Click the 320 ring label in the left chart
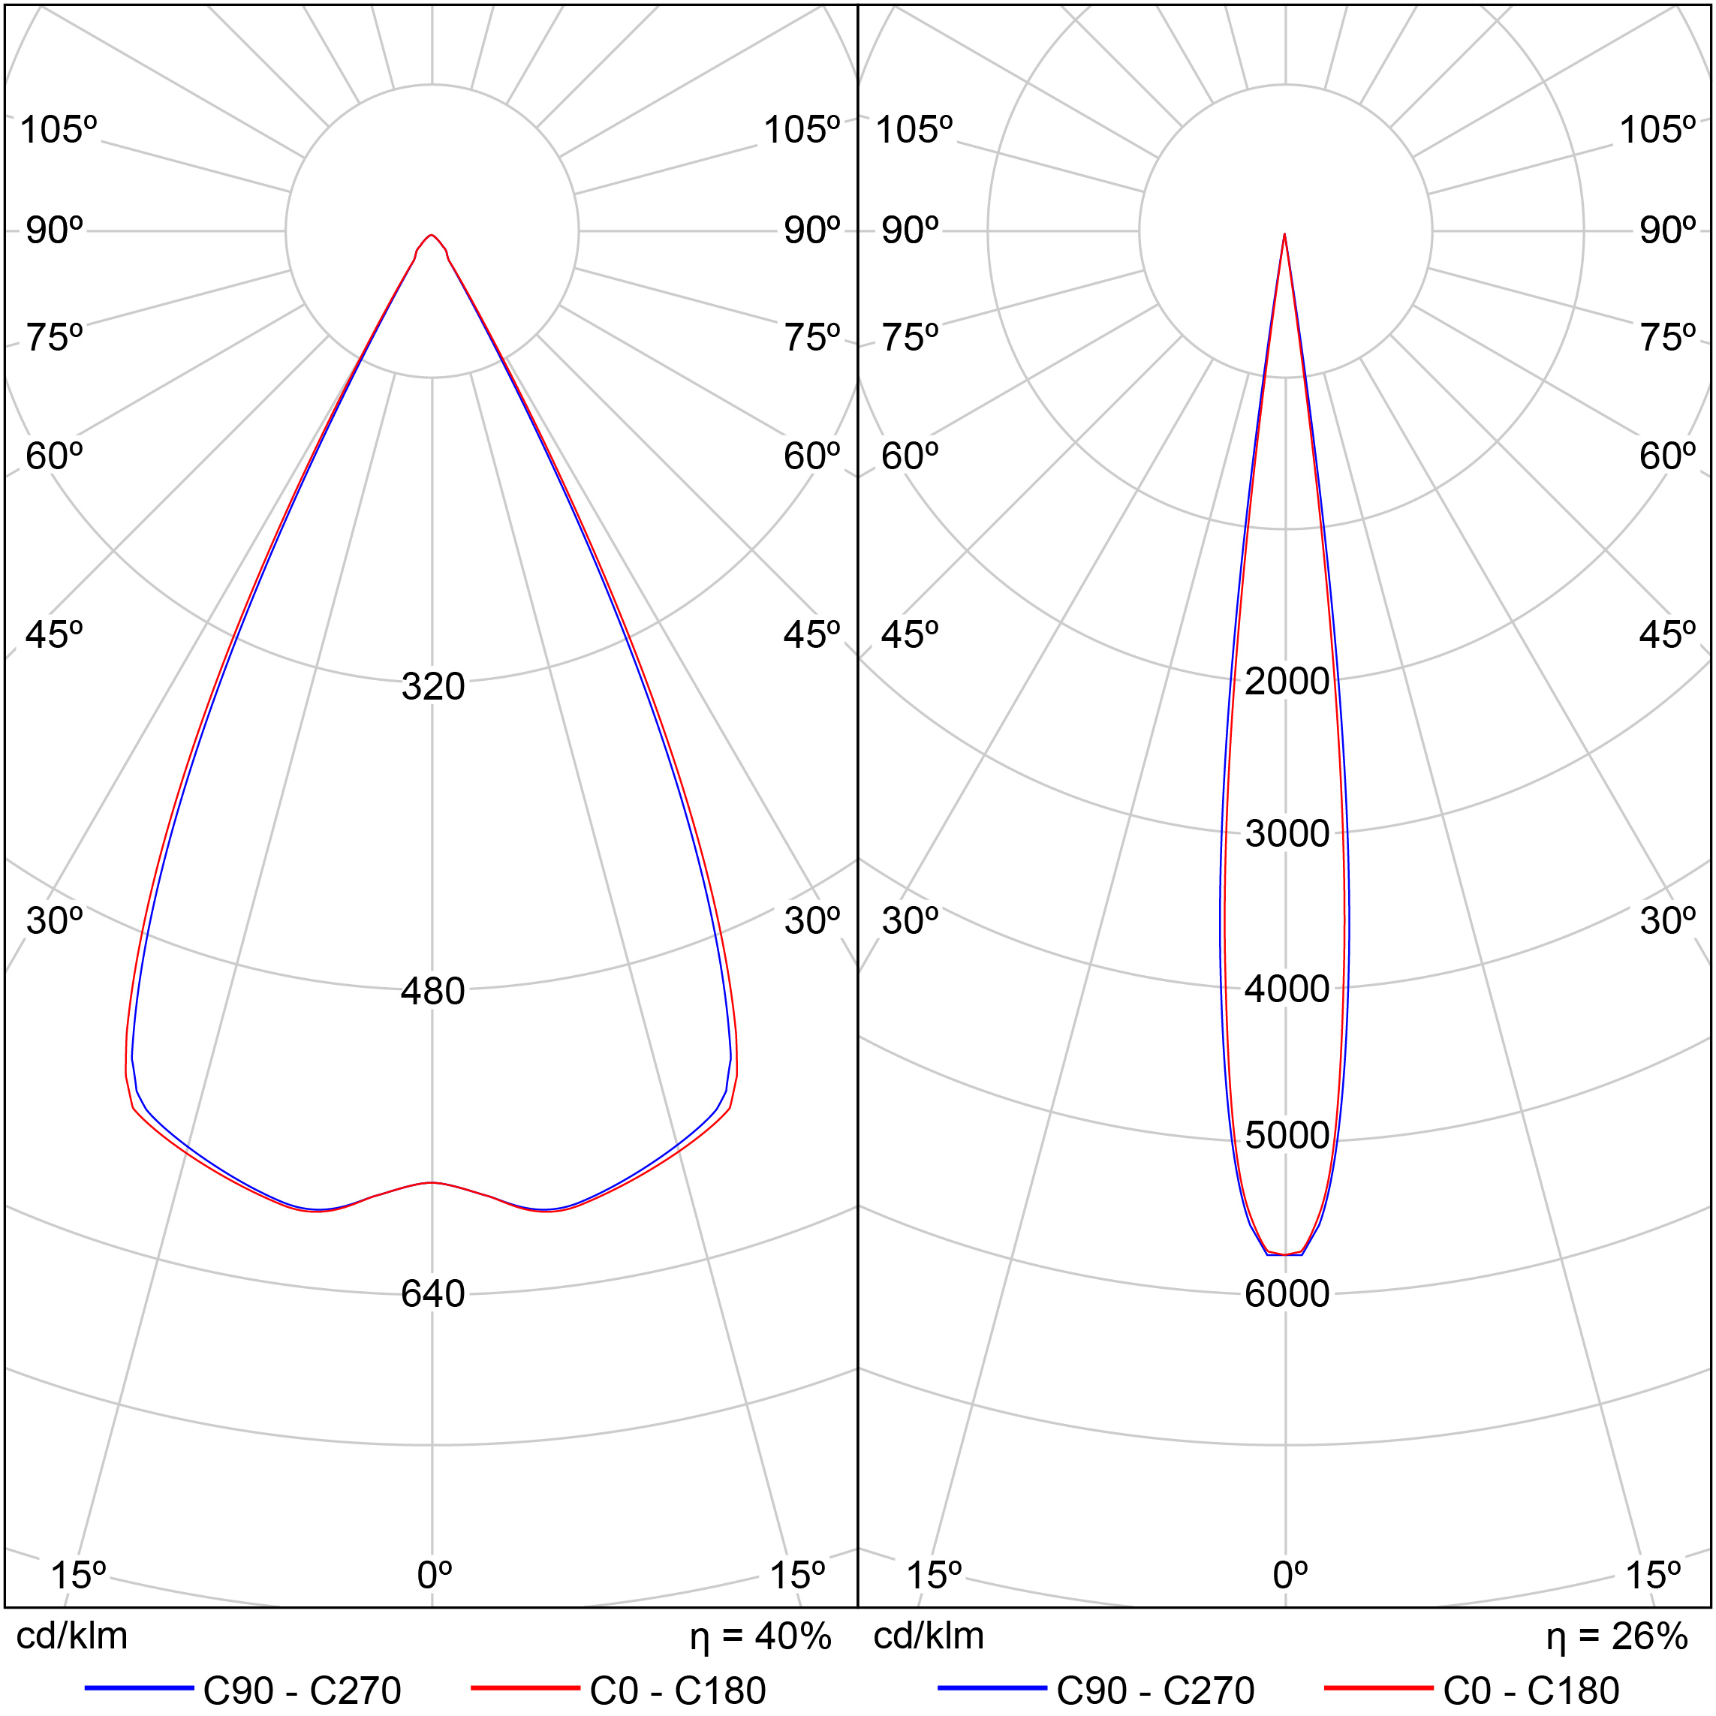(432, 687)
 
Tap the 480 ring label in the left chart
(432, 991)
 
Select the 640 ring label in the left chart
(432, 1294)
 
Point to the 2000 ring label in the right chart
(1287, 682)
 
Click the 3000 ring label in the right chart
(1287, 833)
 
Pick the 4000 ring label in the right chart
(1287, 989)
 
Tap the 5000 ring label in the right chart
(1287, 1135)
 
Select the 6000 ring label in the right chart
(1287, 1294)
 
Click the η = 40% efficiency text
(760, 1636)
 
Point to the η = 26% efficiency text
(1616, 1636)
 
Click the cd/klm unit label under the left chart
(72, 1636)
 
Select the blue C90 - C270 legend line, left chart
(140, 1687)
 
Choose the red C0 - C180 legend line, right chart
(1378, 1687)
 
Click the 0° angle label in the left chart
(435, 1575)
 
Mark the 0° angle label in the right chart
(1290, 1575)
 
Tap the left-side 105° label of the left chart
(58, 130)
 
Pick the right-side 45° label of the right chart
(1667, 635)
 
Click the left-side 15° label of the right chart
(934, 1575)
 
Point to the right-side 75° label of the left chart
(811, 339)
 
